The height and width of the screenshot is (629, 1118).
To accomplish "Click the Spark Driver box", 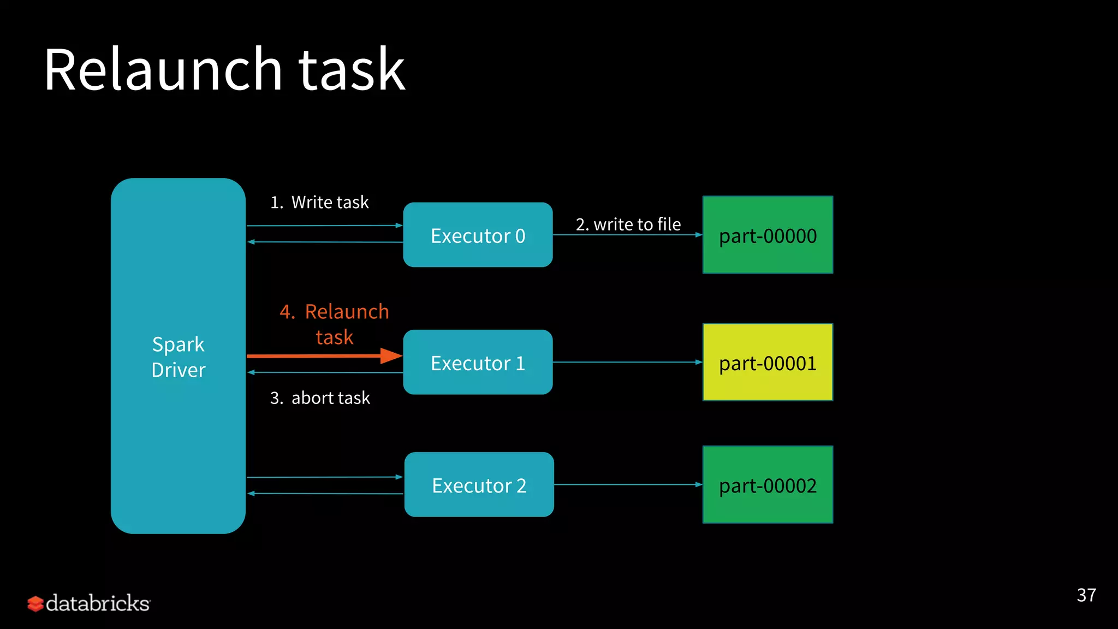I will (x=178, y=356).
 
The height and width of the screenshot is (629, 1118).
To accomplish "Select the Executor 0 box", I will (x=478, y=235).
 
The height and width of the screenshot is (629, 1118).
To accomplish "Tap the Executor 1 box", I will (x=478, y=363).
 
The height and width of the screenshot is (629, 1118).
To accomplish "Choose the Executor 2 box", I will (x=479, y=485).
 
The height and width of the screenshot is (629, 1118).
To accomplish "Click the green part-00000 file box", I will (x=768, y=235).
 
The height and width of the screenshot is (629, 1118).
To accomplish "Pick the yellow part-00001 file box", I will (x=768, y=363).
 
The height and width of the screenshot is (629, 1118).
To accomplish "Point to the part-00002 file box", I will (x=768, y=485).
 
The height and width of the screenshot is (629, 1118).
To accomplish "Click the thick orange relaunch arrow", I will (x=324, y=356).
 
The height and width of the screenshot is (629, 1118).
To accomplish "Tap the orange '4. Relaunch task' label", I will (x=334, y=324).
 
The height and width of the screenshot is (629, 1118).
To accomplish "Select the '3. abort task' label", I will (x=320, y=398).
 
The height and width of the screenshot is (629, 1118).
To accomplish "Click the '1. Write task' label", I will (x=319, y=203).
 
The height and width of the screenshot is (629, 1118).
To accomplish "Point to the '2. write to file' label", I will (x=628, y=224).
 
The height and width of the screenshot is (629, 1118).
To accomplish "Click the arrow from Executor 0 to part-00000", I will (x=628, y=235).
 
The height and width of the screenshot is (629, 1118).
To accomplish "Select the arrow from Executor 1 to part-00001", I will (x=628, y=362).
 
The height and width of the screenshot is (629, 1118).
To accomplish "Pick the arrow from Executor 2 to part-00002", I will (x=628, y=484).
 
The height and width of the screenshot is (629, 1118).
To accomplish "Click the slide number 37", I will (x=1086, y=595).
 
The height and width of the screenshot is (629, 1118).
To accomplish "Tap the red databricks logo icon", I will (x=35, y=604).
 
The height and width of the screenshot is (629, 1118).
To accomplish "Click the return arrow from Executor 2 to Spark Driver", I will (x=324, y=494).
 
